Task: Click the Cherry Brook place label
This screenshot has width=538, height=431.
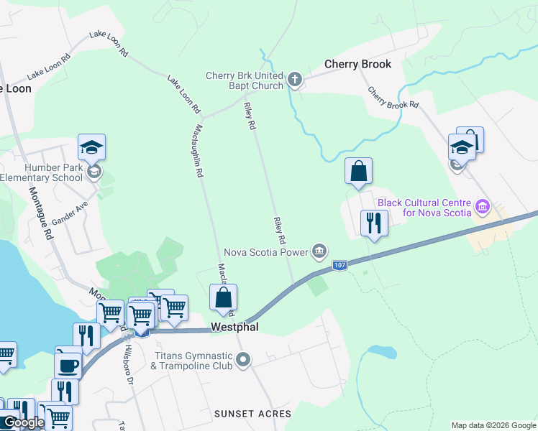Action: [x=357, y=64]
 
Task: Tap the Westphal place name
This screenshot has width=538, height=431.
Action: [x=234, y=327]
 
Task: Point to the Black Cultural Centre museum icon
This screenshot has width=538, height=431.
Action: [x=483, y=208]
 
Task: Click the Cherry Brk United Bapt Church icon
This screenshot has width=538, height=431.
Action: [x=295, y=78]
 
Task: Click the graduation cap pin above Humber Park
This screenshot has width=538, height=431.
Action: [x=91, y=148]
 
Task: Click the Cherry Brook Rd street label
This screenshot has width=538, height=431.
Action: [x=393, y=98]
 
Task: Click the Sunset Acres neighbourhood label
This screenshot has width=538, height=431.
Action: [x=253, y=414]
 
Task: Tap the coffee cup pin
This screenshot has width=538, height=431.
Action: [x=68, y=364]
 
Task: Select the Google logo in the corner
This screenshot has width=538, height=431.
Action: [x=23, y=422]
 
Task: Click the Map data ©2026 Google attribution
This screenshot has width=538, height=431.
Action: [x=493, y=425]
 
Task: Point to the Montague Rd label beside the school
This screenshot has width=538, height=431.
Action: [x=41, y=213]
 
